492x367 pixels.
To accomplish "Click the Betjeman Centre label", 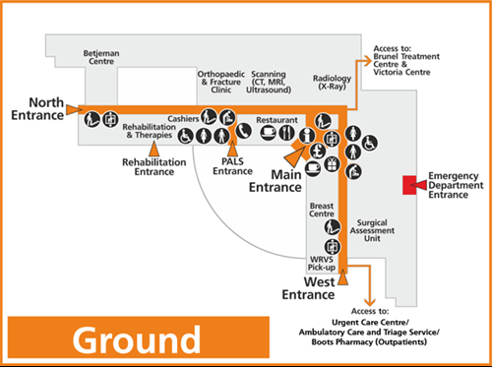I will click(x=100, y=59).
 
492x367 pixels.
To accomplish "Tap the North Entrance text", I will click(x=32, y=108).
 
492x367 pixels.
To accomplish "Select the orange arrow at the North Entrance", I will click(x=74, y=110).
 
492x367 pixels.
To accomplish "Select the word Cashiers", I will click(x=184, y=118).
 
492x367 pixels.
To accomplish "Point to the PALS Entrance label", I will click(x=233, y=166).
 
